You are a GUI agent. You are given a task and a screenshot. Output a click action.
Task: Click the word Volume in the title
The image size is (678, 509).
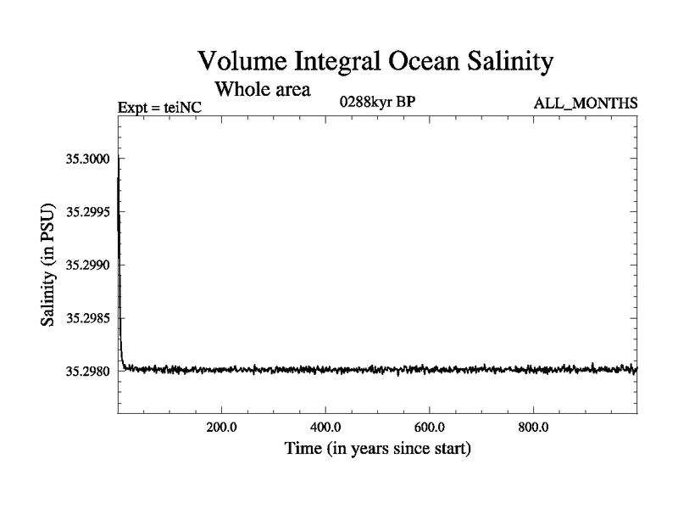coord(242,61)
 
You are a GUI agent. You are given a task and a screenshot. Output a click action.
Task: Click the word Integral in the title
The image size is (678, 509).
coord(330,61)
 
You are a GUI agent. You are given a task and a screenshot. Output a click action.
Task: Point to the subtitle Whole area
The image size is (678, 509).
coord(263,87)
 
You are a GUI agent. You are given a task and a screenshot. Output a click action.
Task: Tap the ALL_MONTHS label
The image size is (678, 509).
coord(585,103)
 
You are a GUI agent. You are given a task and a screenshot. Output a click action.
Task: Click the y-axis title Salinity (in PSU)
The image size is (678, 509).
coord(48,264)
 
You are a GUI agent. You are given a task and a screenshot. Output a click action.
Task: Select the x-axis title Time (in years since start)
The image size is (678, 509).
coord(377,447)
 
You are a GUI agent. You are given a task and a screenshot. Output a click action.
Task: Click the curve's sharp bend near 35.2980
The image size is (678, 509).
coord(124,366)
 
